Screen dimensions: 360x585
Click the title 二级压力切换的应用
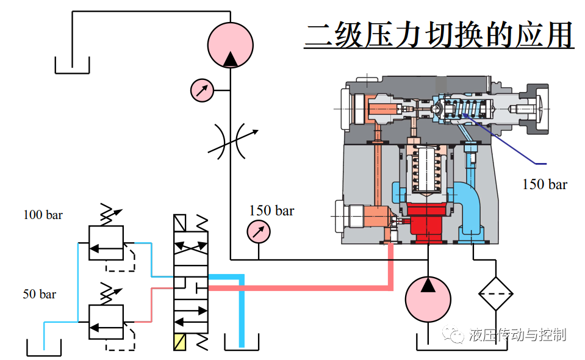pos(439,35)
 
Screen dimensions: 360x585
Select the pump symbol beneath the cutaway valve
pos(428,298)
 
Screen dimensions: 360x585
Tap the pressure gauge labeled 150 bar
pos(258,232)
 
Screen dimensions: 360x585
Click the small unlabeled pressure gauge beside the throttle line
pos(201,90)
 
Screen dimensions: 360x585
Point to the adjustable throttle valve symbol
pos(230,141)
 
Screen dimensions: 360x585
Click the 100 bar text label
pos(43,215)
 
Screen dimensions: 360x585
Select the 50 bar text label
pos(40,294)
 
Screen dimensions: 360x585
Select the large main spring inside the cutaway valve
pos(427,171)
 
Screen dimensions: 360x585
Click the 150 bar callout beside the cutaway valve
pos(544,184)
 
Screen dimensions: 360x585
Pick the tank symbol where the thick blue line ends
pos(242,342)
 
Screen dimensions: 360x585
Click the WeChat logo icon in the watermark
pos(455,334)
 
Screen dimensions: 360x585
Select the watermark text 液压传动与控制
pos(518,334)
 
